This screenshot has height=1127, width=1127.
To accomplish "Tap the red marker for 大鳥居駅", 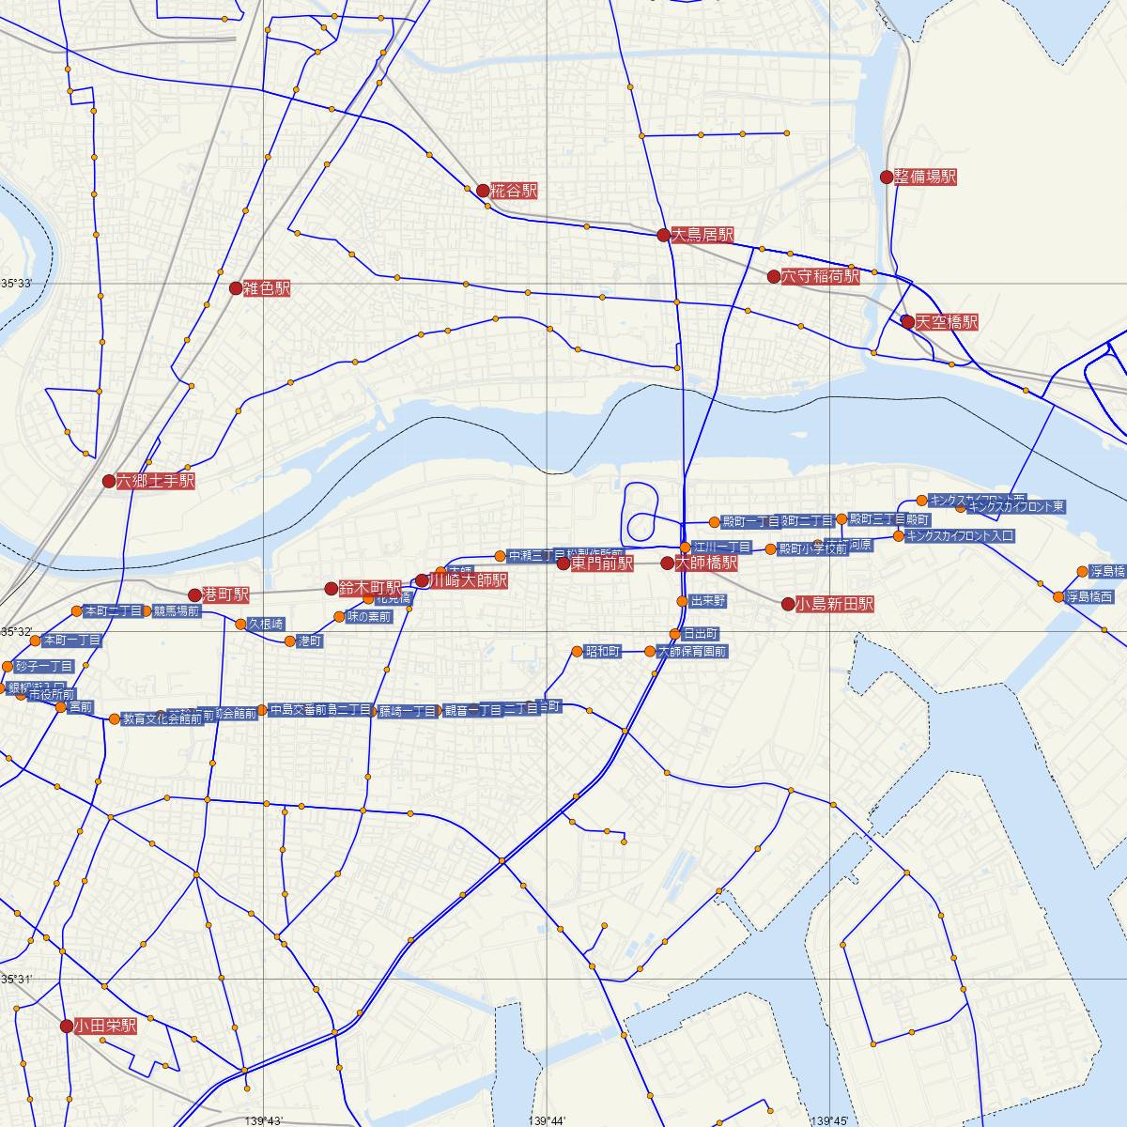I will (663, 235).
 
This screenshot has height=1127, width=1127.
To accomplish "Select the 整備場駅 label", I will (925, 177).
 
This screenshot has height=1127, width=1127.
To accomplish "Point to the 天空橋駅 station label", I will (947, 322).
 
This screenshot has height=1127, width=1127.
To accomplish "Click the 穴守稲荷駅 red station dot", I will (774, 277).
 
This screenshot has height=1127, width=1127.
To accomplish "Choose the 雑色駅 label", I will (267, 288).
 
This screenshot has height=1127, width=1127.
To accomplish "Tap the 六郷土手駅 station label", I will (156, 481).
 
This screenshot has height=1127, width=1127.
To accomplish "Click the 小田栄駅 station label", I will (105, 1027).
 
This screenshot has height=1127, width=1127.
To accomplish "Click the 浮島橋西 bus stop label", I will (1089, 596).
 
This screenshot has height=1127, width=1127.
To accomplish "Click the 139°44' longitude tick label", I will (548, 1120).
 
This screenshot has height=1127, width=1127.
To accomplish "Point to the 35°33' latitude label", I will (17, 283).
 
